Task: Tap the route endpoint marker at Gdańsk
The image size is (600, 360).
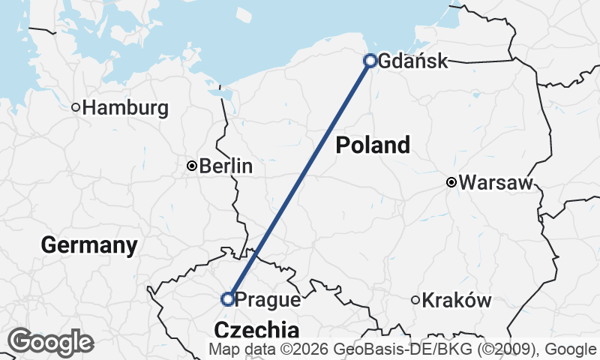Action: [370, 61]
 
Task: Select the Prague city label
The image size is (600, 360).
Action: [268, 300]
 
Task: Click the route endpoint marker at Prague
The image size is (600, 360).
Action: [228, 299]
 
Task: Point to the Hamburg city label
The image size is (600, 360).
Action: [125, 108]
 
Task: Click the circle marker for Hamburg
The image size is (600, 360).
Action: [76, 107]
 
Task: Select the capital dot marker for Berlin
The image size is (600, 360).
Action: [192, 166]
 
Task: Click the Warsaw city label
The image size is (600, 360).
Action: [495, 182]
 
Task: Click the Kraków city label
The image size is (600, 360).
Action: [457, 301]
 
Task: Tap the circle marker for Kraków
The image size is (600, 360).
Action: [415, 300]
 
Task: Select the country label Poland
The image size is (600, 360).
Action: [373, 145]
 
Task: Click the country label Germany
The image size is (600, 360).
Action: [89, 244]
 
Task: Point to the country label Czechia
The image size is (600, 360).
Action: [256, 330]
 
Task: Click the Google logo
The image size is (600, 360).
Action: [50, 342]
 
